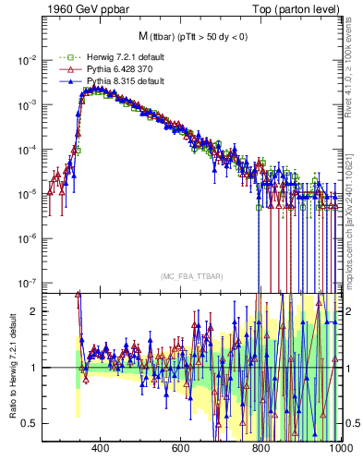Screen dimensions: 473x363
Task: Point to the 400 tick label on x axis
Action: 102,448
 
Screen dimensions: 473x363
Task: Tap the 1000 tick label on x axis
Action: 338,448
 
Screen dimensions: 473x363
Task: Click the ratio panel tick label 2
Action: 35,311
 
